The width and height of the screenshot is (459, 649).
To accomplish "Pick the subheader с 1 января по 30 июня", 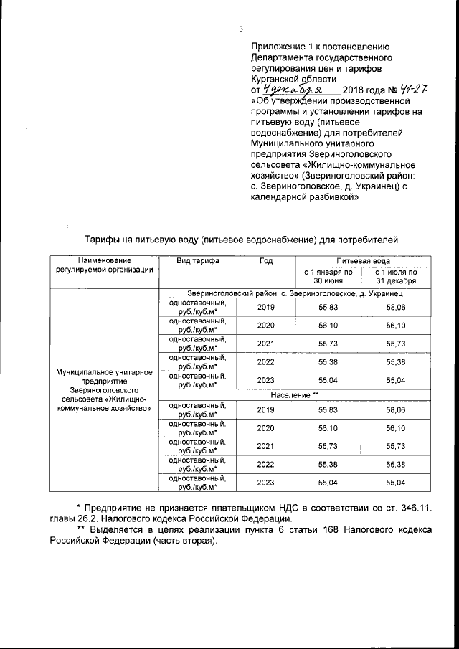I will click(327, 276).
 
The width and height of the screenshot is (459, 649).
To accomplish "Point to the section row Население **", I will click(294, 395).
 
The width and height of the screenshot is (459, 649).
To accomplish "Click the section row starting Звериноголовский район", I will click(294, 294).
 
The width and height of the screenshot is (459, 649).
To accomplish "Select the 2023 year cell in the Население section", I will click(265, 483).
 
